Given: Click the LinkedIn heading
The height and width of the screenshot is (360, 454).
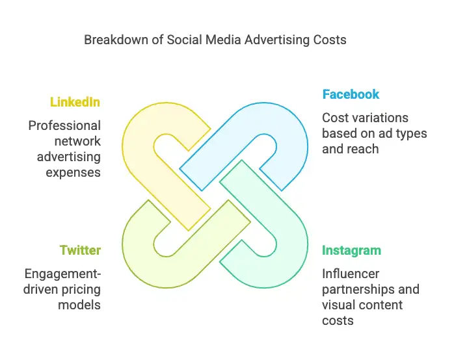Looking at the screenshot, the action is pos(75,102).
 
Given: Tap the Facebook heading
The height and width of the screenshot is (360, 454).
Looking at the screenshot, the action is pos(351,94).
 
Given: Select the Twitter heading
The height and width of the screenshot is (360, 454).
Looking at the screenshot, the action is pos(80,250).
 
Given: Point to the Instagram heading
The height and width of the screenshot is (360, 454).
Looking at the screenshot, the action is pos(351,250).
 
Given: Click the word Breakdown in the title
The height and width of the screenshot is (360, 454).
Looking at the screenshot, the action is pos(116,40).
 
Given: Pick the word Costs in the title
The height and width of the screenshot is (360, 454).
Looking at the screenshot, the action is pos(330,40).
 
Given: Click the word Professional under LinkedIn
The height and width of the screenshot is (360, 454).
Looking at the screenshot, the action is pos(64,126).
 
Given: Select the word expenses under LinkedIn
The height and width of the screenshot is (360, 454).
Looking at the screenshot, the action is pos(73,173).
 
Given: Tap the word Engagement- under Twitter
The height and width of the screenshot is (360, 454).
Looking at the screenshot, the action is pos(62,274).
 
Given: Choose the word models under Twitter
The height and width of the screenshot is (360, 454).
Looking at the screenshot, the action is pos(79,305).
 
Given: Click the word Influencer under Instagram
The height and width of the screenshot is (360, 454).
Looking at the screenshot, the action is pos(351,274).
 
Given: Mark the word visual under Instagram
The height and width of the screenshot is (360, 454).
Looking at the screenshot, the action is pos(337,305).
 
